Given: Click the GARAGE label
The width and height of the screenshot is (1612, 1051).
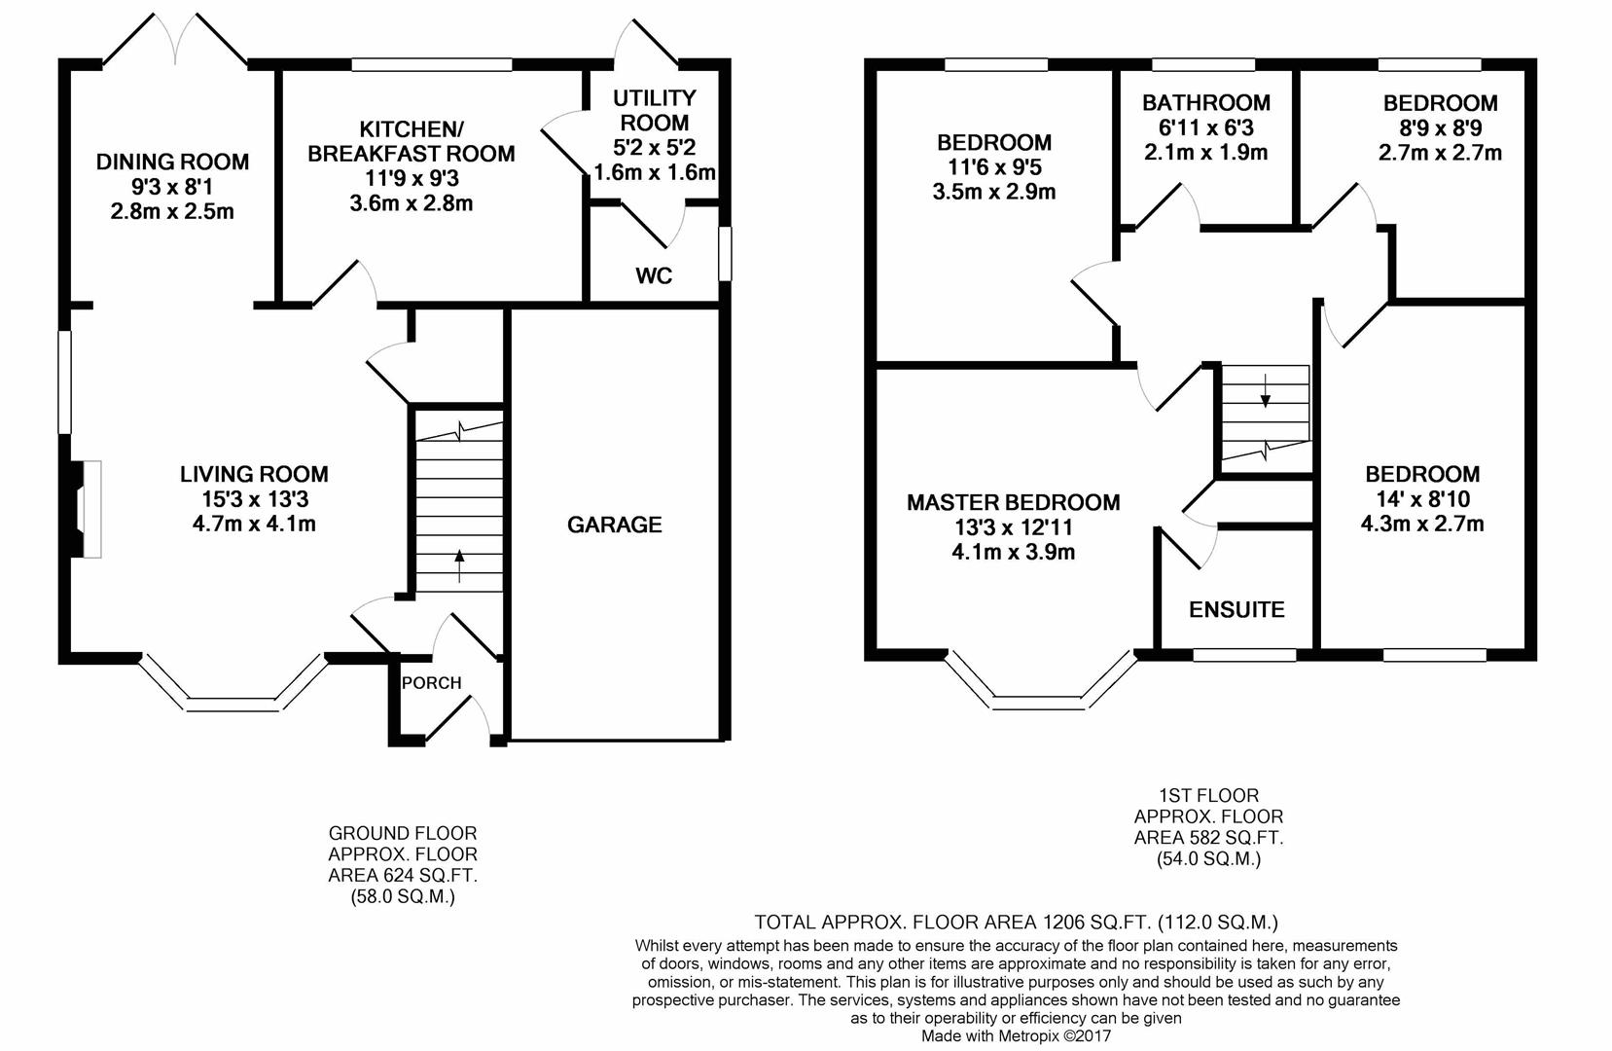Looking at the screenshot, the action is pyautogui.click(x=614, y=525).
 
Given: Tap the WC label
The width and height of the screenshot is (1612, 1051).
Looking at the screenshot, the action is pyautogui.click(x=654, y=275).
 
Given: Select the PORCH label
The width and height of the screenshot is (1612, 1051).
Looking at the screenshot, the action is pyautogui.click(x=431, y=682).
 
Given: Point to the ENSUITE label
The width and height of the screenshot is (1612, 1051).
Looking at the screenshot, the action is pyautogui.click(x=1236, y=610).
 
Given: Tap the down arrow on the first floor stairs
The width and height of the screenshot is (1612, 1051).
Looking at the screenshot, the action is pyautogui.click(x=1265, y=391).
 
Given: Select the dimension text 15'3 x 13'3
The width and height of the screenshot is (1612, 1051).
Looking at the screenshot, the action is pyautogui.click(x=255, y=499).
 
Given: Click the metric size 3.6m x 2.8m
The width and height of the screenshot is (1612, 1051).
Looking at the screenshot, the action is pyautogui.click(x=411, y=203).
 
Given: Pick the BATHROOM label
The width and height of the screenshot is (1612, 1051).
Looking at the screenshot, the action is pyautogui.click(x=1206, y=103).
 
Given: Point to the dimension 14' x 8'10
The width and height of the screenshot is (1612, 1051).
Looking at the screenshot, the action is pyautogui.click(x=1422, y=499).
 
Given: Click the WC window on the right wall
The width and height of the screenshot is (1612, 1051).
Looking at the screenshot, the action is pyautogui.click(x=726, y=253).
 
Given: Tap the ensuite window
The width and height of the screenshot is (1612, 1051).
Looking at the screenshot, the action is pyautogui.click(x=1244, y=655).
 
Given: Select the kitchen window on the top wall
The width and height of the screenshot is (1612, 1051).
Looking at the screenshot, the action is pyautogui.click(x=432, y=65).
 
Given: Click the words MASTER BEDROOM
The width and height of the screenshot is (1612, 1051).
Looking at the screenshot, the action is pyautogui.click(x=1014, y=502).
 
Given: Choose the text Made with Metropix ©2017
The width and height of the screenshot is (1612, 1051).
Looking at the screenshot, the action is pyautogui.click(x=1017, y=1035).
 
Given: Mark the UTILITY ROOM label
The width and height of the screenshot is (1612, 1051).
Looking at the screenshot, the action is pyautogui.click(x=654, y=109).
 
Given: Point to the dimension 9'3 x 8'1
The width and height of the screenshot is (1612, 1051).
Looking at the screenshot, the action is pyautogui.click(x=172, y=187).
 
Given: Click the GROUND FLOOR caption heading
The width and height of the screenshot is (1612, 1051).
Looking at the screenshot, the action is pyautogui.click(x=403, y=834).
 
